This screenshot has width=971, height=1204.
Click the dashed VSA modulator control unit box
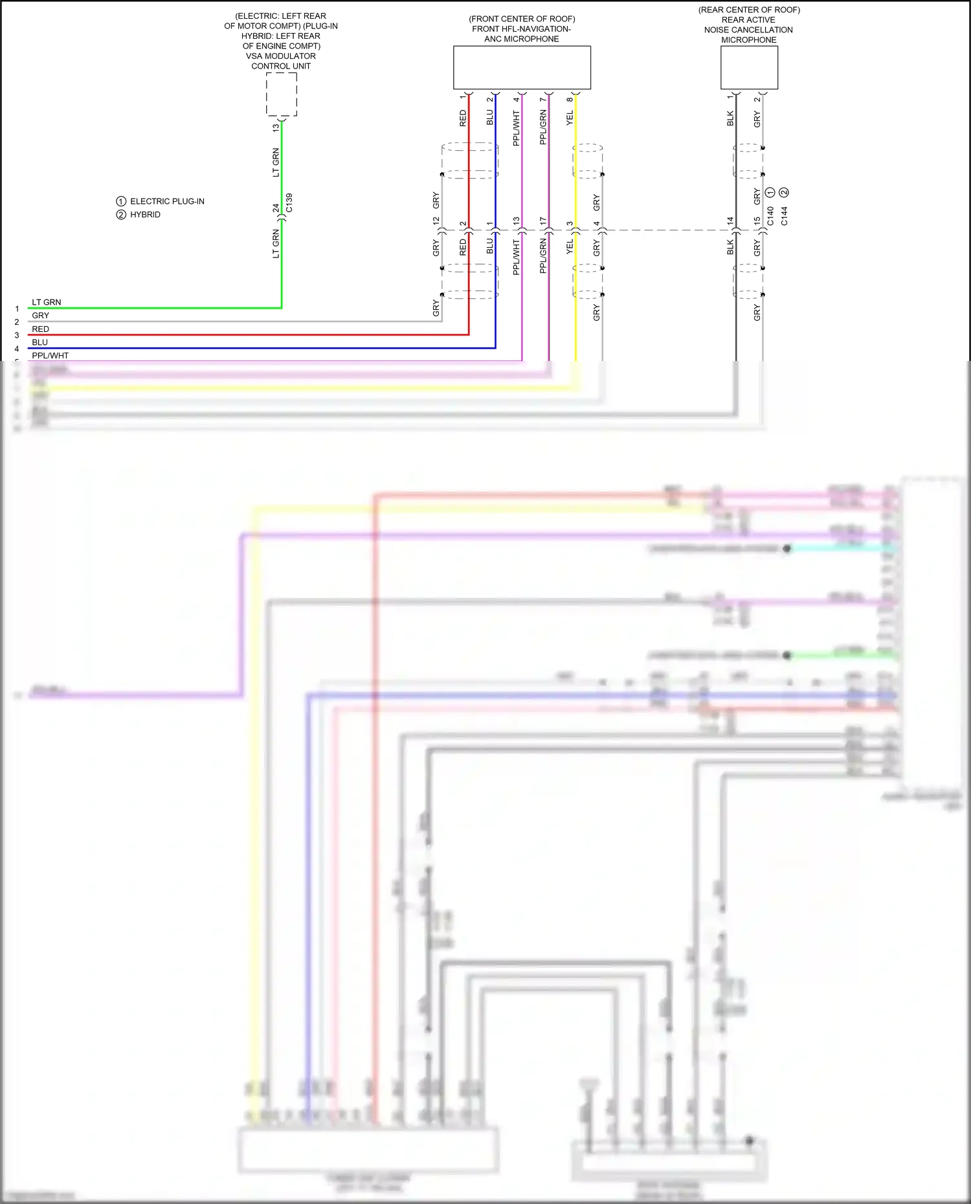(x=282, y=94)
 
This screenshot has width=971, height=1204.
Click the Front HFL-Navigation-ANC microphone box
(x=522, y=67)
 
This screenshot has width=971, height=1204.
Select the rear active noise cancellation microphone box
(x=749, y=67)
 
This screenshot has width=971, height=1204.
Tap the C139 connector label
(x=289, y=202)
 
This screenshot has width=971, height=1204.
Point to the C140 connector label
(x=770, y=216)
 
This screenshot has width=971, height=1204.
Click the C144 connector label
(x=784, y=216)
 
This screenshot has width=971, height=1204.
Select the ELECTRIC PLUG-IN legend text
(x=167, y=201)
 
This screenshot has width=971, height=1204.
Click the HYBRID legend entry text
(x=145, y=215)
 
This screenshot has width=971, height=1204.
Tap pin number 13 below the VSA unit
(x=276, y=127)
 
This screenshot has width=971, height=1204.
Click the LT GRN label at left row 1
(x=47, y=302)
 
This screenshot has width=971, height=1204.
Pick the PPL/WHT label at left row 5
(x=50, y=355)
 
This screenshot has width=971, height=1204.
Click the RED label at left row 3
(x=40, y=329)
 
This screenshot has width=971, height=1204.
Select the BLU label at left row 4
(x=39, y=342)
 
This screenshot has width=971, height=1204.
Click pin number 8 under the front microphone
(x=570, y=99)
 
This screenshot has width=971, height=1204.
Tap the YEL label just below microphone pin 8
(x=570, y=118)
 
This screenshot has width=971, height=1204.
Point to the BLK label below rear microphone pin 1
(x=730, y=118)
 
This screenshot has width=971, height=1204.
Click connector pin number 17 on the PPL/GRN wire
(x=542, y=221)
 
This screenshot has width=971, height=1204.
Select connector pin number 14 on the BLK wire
(x=730, y=221)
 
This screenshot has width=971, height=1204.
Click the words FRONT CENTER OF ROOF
(x=522, y=19)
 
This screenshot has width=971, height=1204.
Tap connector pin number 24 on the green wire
(x=276, y=208)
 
